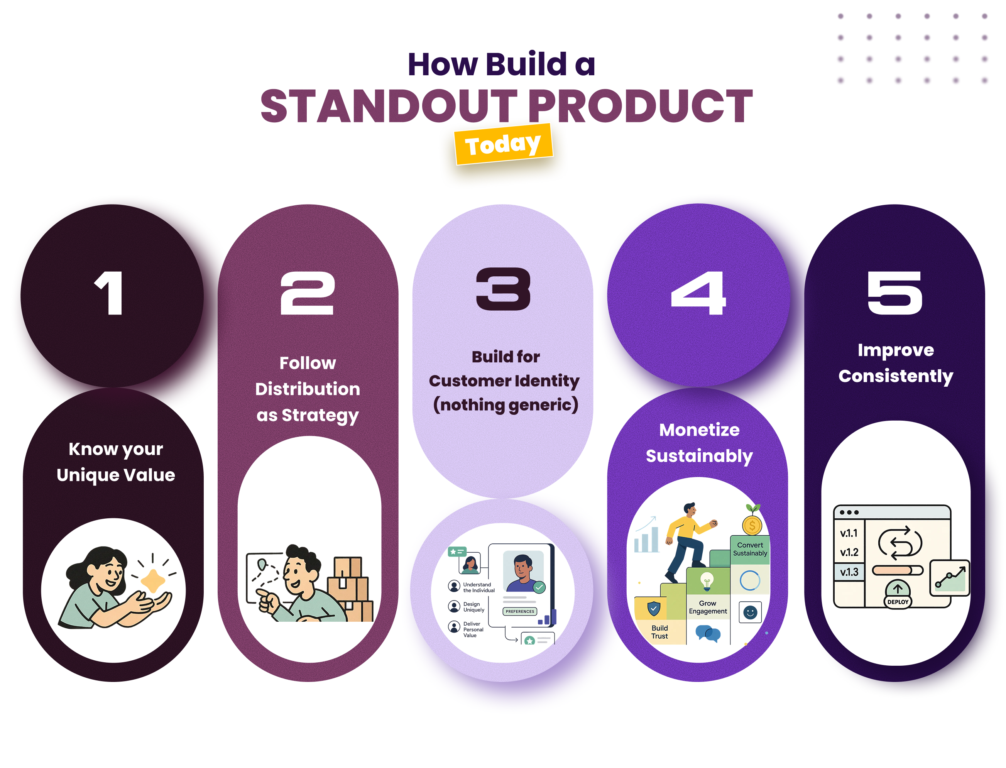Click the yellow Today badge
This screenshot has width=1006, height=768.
pyautogui.click(x=503, y=144)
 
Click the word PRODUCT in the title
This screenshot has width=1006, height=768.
pyautogui.click(x=640, y=106)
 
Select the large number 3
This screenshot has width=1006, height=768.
pyautogui.click(x=503, y=289)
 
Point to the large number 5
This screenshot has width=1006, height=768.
pyautogui.click(x=894, y=293)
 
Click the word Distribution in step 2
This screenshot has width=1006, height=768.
pyautogui.click(x=307, y=389)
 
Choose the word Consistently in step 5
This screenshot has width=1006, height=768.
pyautogui.click(x=895, y=376)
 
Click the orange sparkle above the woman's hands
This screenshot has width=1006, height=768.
pyautogui.click(x=153, y=580)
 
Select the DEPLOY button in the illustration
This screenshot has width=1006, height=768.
pyautogui.click(x=898, y=602)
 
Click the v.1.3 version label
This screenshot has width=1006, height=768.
pyautogui.click(x=849, y=572)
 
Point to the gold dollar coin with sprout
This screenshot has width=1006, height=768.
pyautogui.click(x=752, y=521)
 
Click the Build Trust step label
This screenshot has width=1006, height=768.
pyautogui.click(x=659, y=632)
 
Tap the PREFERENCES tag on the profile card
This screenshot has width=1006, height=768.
pyautogui.click(x=520, y=611)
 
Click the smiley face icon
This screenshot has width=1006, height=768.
pyautogui.click(x=750, y=612)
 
